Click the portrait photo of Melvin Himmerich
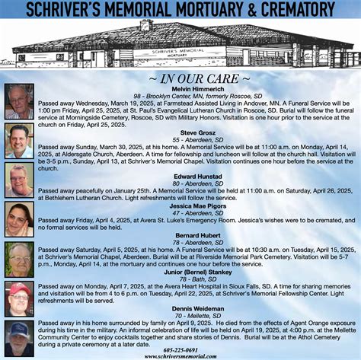point(19,101)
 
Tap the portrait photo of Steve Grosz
point(19,141)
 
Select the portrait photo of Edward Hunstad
point(19,180)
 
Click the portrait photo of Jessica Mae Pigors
point(19,219)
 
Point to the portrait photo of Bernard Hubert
point(19,259)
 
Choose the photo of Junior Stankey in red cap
point(19,298)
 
